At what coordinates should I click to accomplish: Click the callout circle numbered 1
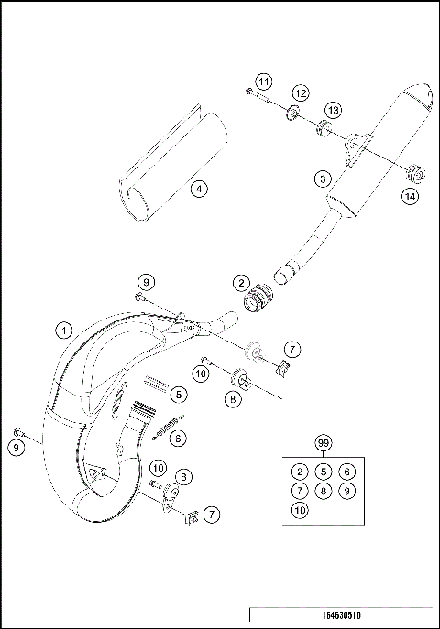coord(63,327)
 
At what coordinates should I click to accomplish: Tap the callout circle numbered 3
coord(322,178)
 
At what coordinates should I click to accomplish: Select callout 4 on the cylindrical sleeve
coord(198,190)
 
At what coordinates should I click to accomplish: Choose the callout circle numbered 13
coord(333,110)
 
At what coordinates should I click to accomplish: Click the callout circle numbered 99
coord(323,442)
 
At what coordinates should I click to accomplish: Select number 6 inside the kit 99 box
coord(346,471)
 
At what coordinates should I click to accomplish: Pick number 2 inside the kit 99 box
coord(300,471)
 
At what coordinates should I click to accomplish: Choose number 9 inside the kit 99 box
coord(346,490)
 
